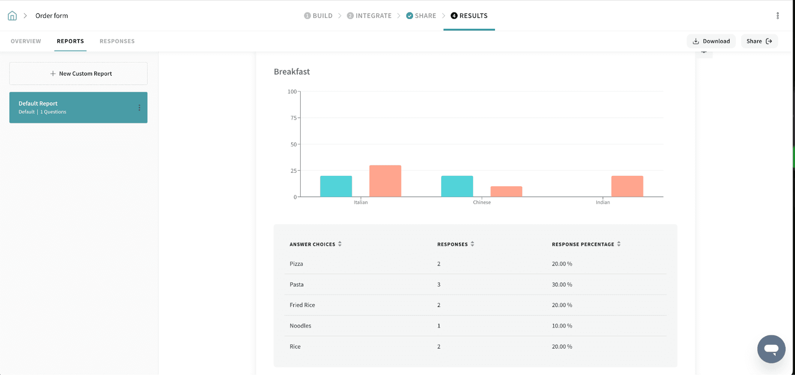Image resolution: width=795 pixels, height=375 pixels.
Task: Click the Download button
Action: coord(711,41)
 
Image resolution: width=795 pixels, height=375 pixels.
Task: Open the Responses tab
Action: coord(117,41)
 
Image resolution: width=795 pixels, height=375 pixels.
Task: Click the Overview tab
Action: coord(26,41)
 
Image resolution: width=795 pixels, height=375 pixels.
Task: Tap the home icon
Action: coord(12,16)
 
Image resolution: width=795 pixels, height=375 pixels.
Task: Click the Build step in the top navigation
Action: coord(318,16)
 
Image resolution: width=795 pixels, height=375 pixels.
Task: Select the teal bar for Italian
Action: coord(336,186)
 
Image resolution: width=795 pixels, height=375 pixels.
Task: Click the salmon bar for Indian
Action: coord(627,186)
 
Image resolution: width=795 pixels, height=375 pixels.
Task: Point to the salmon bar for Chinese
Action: coord(506,192)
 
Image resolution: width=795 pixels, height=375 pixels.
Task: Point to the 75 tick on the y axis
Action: coord(293,118)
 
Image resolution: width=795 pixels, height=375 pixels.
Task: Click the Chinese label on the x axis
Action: coord(481,203)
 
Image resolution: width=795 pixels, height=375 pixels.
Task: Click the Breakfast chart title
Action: coord(292,72)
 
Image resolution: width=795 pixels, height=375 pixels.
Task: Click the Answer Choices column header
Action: coord(313,244)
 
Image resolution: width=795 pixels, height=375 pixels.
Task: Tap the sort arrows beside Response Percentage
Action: coord(619,244)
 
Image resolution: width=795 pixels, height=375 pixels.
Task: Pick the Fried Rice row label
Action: coord(302,305)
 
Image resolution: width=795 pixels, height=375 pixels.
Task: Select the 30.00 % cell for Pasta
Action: coord(562,285)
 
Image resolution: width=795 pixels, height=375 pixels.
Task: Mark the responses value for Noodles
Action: coord(439,326)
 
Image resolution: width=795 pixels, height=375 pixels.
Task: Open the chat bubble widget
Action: coord(771,349)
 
